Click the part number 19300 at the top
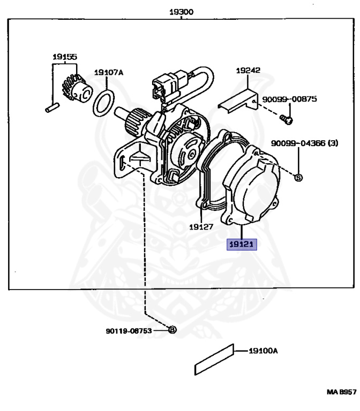click(x=181, y=11)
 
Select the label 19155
click(x=64, y=56)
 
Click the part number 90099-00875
click(x=289, y=99)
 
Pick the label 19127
click(x=201, y=226)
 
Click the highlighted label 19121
click(x=242, y=245)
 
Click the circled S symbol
click(x=299, y=177)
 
